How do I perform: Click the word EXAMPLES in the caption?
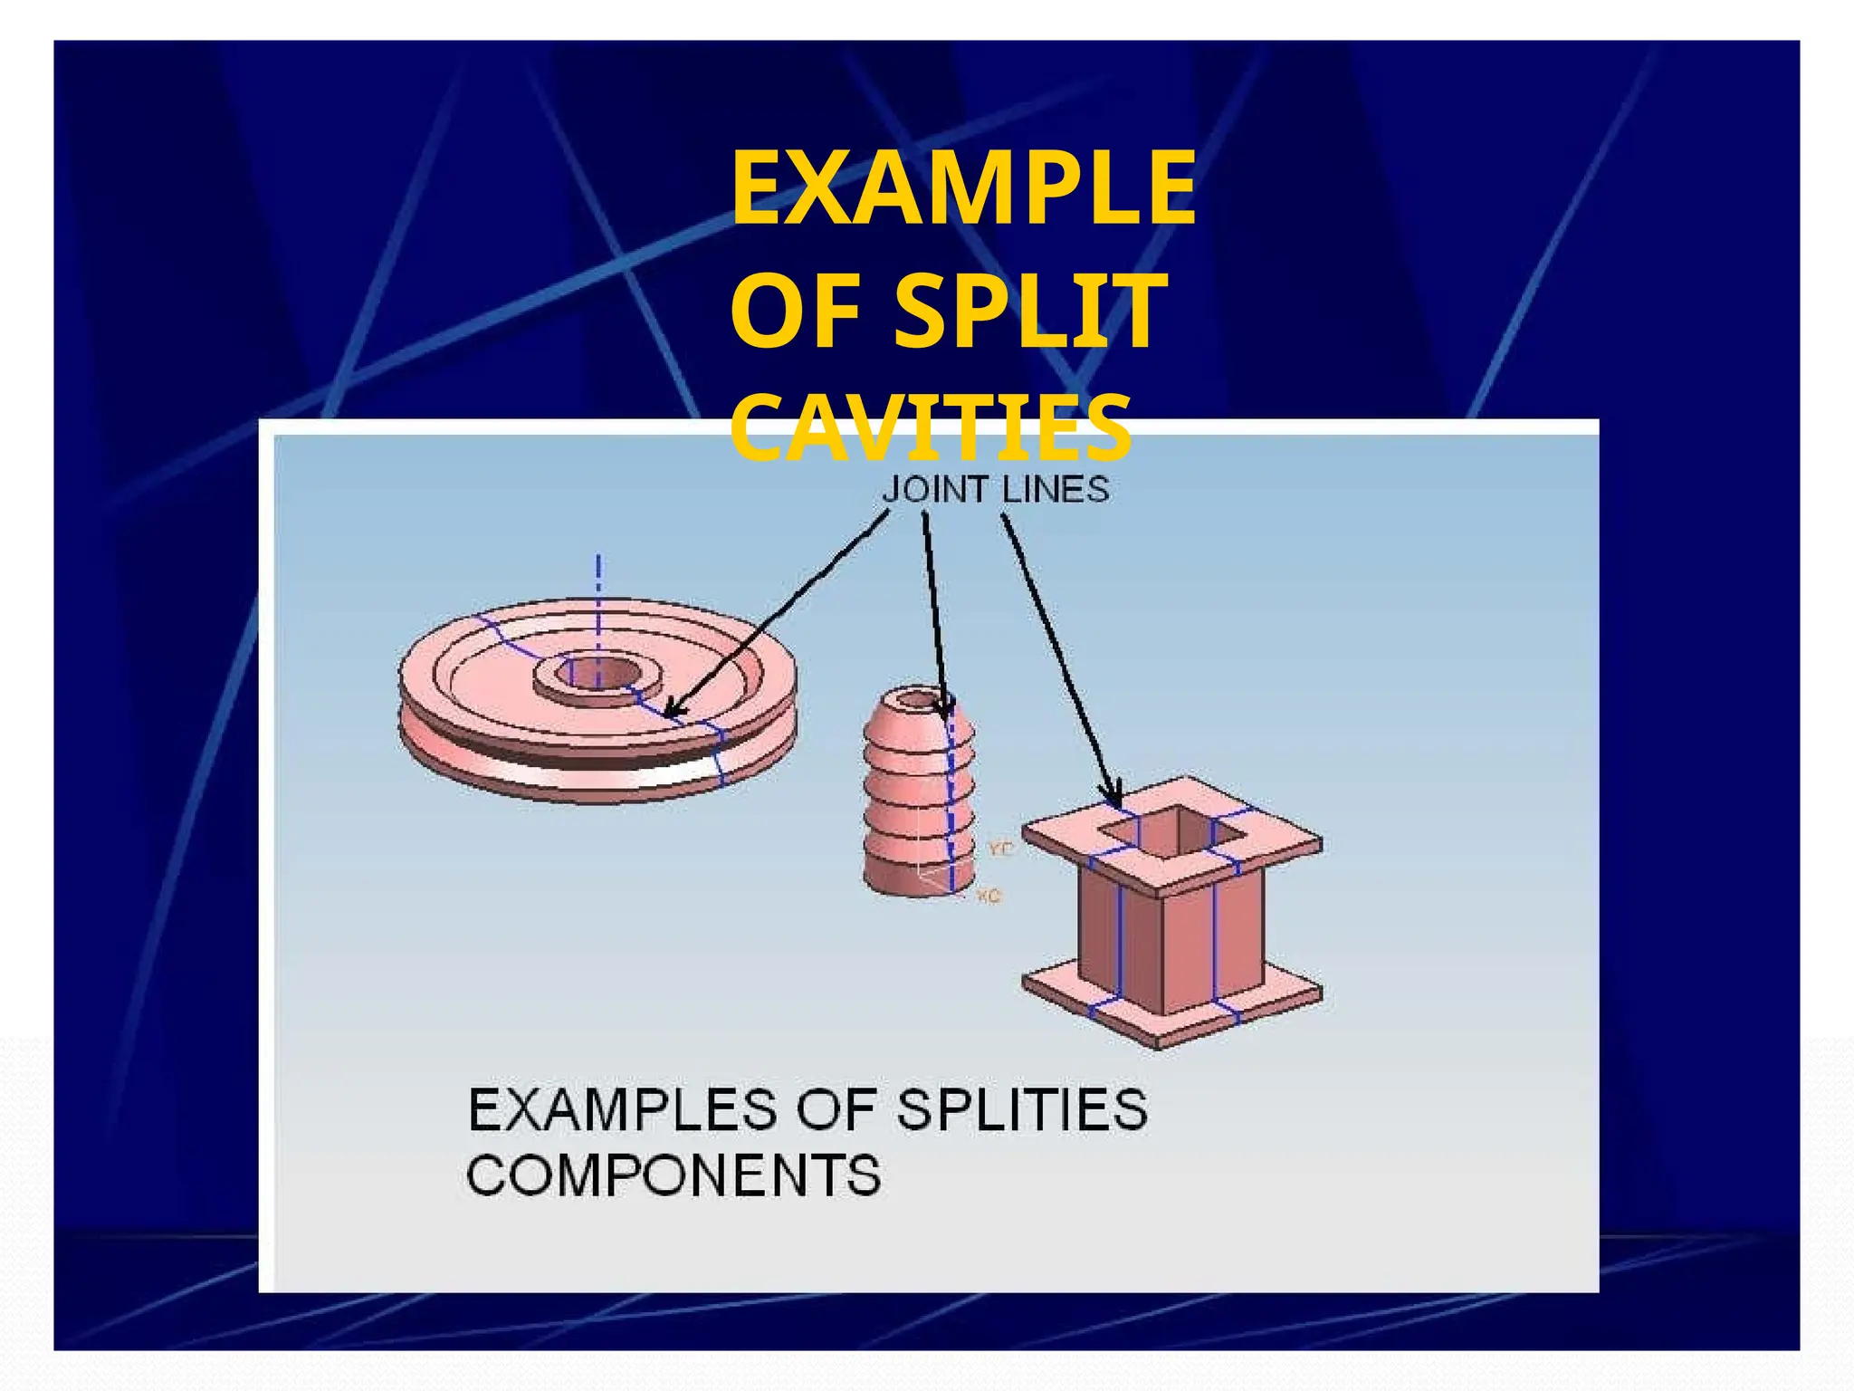[x=623, y=1109]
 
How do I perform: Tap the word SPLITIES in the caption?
[x=1022, y=1109]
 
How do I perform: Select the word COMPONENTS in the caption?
[x=674, y=1175]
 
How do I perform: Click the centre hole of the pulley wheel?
[x=597, y=673]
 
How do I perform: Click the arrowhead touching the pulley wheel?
[x=672, y=709]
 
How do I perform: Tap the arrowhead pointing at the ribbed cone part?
[x=945, y=711]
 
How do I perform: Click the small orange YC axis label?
[x=1000, y=849]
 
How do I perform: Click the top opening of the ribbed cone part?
[x=920, y=698]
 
